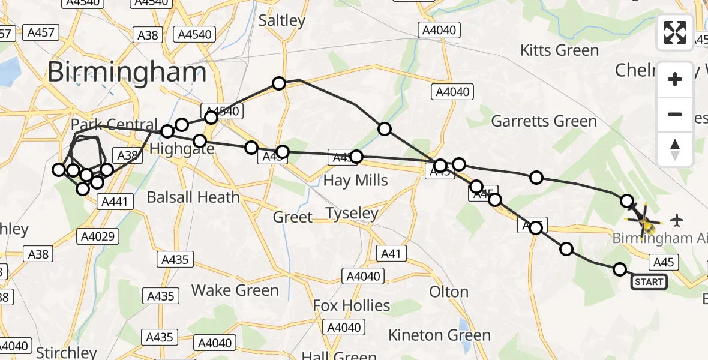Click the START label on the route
pyautogui.click(x=649, y=281)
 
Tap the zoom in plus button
pyautogui.click(x=675, y=79)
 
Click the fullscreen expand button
pyautogui.click(x=675, y=32)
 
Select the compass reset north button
pyautogui.click(x=675, y=149)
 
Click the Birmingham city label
pyautogui.click(x=127, y=73)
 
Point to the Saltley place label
pyautogui.click(x=282, y=20)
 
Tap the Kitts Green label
pyautogui.click(x=560, y=50)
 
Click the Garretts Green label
pyautogui.click(x=544, y=121)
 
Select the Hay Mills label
pyautogui.click(x=355, y=180)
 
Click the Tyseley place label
pyautogui.click(x=352, y=213)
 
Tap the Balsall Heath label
pyautogui.click(x=193, y=197)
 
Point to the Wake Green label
pyautogui.click(x=235, y=290)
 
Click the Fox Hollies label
pyautogui.click(x=352, y=305)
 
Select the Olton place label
pyautogui.click(x=449, y=292)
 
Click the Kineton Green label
pyautogui.click(x=439, y=335)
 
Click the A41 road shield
pyautogui.click(x=391, y=254)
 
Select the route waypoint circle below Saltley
pyautogui.click(x=278, y=83)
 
